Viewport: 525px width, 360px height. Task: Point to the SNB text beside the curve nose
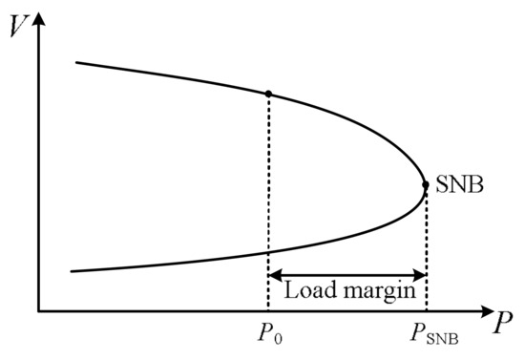tap(458, 184)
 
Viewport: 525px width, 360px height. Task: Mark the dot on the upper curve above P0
tap(268, 93)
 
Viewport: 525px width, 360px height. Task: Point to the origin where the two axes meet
tap(39, 311)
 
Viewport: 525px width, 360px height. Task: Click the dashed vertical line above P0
tap(268, 172)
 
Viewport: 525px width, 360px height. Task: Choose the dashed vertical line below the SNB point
tap(425, 239)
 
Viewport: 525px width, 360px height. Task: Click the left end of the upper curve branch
tap(76, 63)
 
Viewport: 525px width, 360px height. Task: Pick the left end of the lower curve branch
tap(73, 271)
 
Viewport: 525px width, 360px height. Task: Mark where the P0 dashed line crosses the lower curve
tap(268, 251)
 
